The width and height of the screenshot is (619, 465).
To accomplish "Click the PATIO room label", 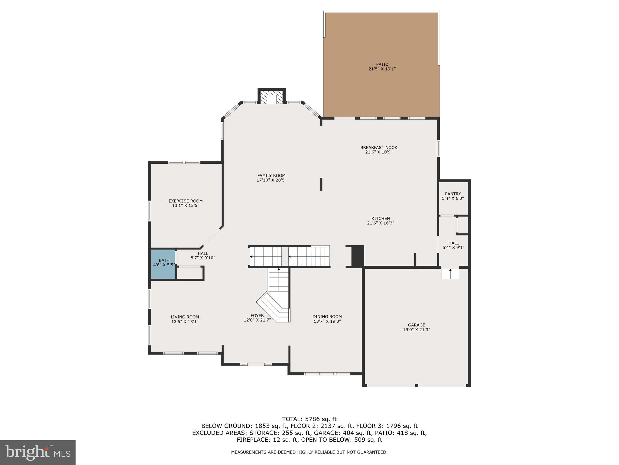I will tap(382, 64).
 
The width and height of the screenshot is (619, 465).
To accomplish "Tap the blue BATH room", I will tap(164, 264).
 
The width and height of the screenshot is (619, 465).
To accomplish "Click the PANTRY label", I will tap(453, 194).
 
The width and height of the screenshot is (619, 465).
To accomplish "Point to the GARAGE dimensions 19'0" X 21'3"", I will tap(416, 330).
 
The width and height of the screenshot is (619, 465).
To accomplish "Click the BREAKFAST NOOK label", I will tap(379, 148).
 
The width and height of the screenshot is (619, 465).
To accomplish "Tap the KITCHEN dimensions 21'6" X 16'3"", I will tap(381, 223).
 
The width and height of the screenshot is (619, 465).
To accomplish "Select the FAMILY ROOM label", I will tap(271, 176).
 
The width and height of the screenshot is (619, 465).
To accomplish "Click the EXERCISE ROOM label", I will tap(186, 201).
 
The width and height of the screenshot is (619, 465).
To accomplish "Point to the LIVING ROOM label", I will tap(185, 317).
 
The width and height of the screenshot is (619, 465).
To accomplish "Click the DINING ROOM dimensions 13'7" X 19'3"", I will tap(327, 321).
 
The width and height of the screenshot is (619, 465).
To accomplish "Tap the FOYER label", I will tap(257, 315).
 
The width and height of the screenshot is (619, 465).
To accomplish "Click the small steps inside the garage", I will tap(450, 273).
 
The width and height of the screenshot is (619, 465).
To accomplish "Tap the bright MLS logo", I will tap(38, 452).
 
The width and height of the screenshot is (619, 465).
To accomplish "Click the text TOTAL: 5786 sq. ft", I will tap(309, 419).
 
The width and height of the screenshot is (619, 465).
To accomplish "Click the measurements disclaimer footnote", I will tap(309, 452).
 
